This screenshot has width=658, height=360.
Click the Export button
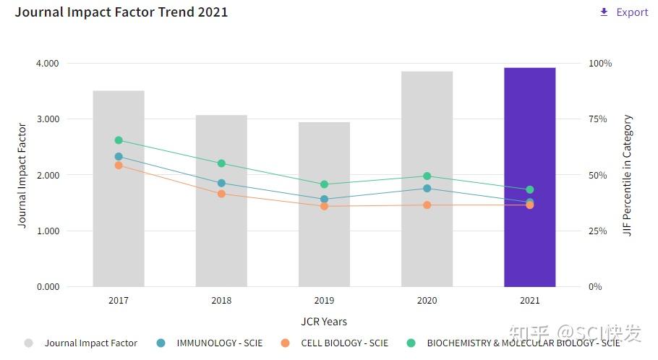624,12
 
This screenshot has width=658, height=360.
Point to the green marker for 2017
119,140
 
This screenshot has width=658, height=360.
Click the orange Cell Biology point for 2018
221,194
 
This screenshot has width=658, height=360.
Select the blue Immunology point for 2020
427,189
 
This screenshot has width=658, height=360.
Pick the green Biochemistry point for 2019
324,184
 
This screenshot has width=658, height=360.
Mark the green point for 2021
530,190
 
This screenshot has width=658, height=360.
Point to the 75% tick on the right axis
597,119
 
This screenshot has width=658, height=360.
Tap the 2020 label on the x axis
427,301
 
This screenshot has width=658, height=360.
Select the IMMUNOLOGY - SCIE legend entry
219,343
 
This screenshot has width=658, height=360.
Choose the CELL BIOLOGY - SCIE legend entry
344,343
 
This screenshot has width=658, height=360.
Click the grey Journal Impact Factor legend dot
28,343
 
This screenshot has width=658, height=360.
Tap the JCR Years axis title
324,322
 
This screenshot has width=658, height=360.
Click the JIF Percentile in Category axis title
628,176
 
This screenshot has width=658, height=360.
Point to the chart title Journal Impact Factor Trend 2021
121,12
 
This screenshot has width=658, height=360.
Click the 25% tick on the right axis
597,231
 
